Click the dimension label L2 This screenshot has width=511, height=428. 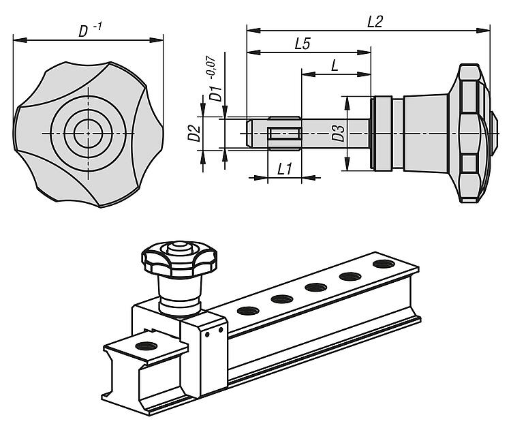[x=374, y=21]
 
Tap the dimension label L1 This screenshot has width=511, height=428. [x=285, y=168]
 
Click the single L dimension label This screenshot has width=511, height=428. [x=335, y=65]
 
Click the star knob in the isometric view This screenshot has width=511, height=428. [x=179, y=258]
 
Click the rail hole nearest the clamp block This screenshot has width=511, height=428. [x=245, y=311]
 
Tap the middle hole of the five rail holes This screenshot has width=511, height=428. [x=315, y=288]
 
